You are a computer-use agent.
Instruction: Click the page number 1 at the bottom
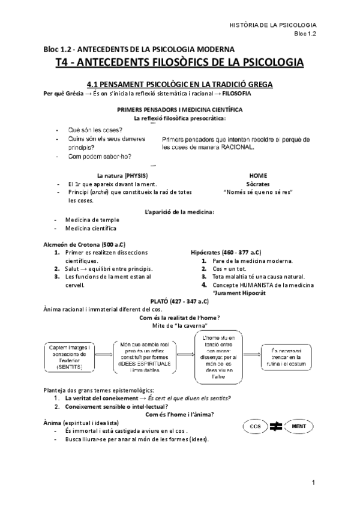pos(313,483)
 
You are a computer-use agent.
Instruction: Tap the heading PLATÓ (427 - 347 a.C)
pos(179,300)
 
